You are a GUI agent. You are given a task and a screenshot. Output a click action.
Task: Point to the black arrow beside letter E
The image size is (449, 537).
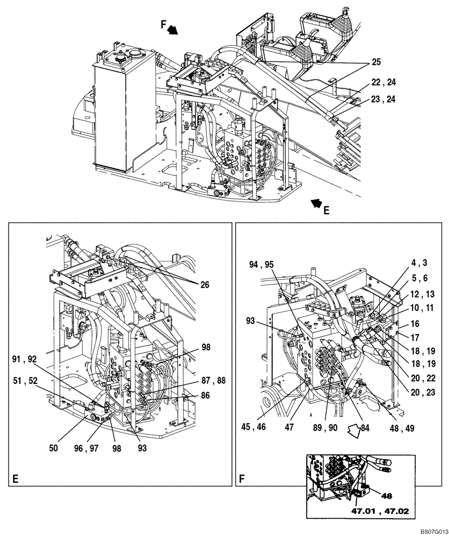coord(317,203)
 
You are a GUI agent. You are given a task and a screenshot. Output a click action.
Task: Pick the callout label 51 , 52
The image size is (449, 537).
coord(25,381)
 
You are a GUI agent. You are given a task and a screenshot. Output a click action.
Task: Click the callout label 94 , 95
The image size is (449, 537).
coord(262,264)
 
